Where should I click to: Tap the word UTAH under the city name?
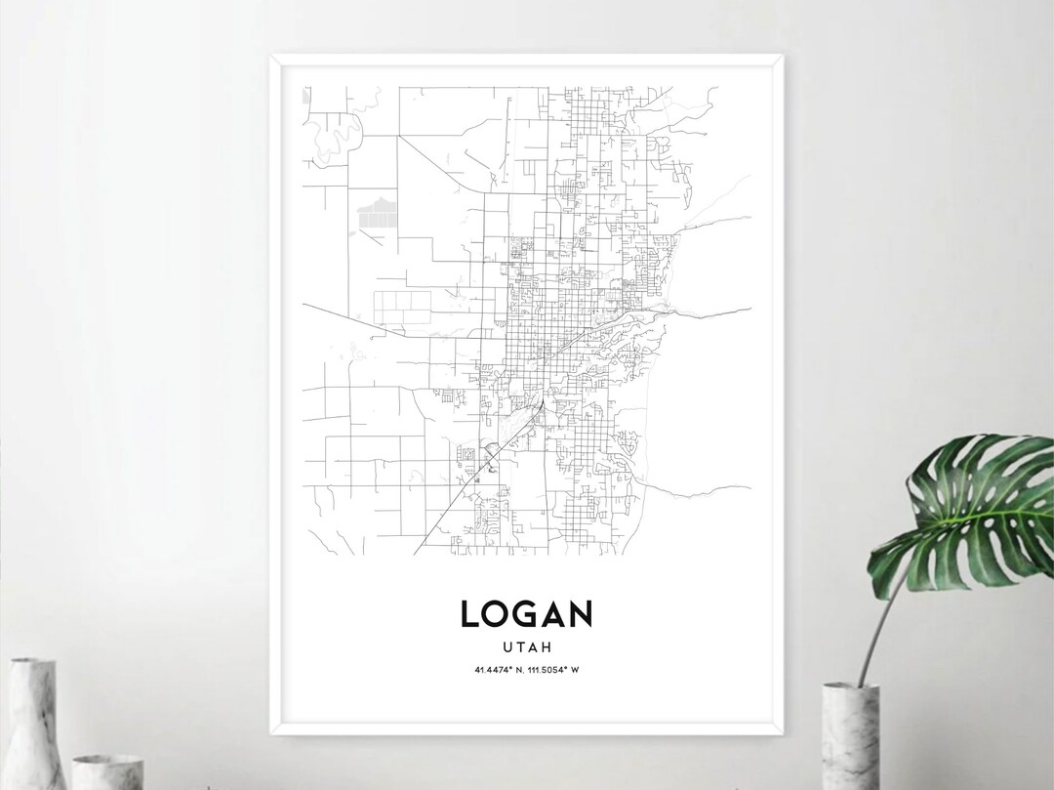[526, 646]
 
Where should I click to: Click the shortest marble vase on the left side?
[107, 771]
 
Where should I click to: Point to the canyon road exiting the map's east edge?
[722, 310]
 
